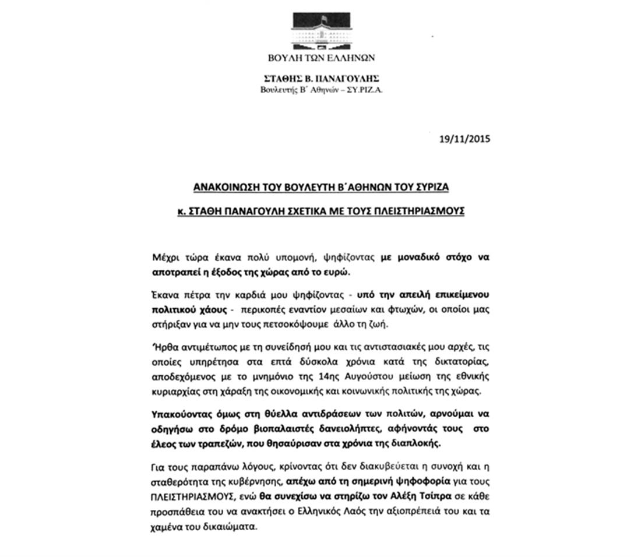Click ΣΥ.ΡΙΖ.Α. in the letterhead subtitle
coord(365,90)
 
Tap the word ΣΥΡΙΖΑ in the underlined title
coord(430,187)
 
